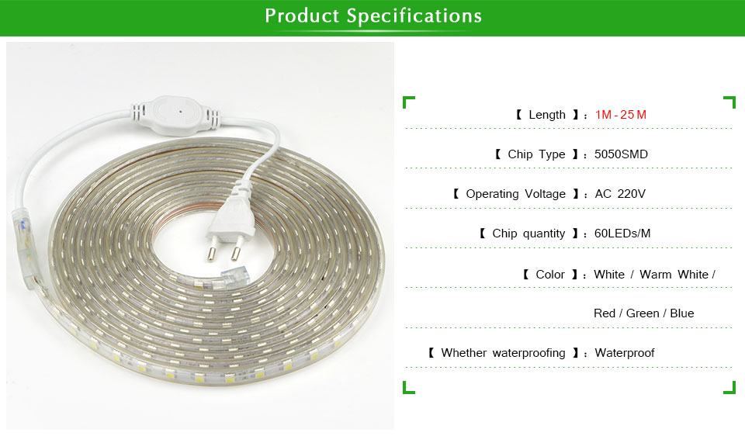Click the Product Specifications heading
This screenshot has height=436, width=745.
pos(373,16)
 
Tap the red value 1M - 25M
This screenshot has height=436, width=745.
pos(621,115)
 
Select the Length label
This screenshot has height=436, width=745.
pos(547,115)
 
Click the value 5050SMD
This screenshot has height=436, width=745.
pos(621,154)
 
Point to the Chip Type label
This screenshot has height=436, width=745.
pos(536,154)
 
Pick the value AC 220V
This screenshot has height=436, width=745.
pos(620,194)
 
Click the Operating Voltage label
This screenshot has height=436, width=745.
pos(515,194)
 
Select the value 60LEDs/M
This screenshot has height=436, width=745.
pos(622,234)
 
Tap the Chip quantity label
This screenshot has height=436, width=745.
pos(528,234)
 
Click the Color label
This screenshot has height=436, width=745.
pos(550,275)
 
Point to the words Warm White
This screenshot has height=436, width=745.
pos(674,275)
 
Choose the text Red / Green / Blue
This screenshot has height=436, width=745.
pos(644,313)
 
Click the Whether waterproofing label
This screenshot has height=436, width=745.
pos(503,353)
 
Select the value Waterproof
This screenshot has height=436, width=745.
pos(624,353)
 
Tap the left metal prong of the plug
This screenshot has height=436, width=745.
pos(210,249)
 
